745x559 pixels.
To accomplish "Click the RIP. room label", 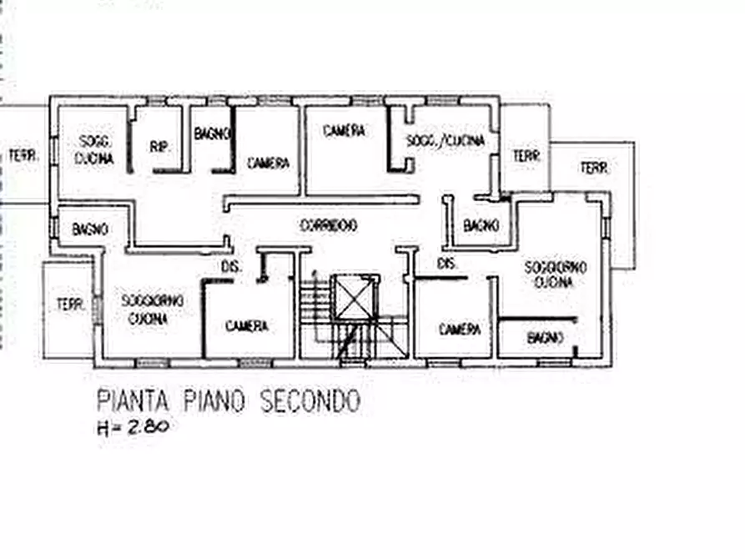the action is click(x=159, y=146).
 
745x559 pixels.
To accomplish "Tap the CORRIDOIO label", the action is click(x=329, y=224).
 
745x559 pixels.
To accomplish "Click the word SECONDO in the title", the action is click(x=310, y=400).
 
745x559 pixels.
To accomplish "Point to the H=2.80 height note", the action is click(x=133, y=427).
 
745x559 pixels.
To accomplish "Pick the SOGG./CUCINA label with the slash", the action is click(x=445, y=141).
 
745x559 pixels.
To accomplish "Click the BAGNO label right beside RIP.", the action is click(x=212, y=133).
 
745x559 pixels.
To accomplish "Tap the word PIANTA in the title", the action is click(x=133, y=400).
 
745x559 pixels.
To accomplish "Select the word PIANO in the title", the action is click(x=214, y=400).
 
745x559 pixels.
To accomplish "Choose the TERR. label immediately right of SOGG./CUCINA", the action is click(x=526, y=155).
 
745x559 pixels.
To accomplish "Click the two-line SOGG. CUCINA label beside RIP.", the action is click(x=94, y=149).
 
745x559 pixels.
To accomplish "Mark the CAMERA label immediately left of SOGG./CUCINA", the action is click(x=344, y=131).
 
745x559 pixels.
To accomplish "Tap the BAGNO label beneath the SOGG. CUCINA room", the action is click(x=90, y=229).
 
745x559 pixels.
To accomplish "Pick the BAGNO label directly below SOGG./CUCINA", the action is click(x=481, y=225).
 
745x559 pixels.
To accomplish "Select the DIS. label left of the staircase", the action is click(x=231, y=267).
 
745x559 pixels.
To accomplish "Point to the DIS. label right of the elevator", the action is click(x=446, y=263).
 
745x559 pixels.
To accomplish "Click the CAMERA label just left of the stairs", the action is click(x=247, y=326).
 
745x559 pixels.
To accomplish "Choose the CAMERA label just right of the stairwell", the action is click(x=460, y=329).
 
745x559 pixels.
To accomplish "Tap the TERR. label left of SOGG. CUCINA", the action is click(x=23, y=155).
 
